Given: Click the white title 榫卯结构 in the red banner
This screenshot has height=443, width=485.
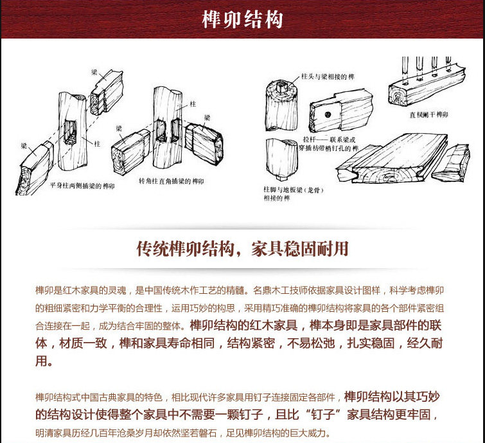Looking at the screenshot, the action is (242, 19).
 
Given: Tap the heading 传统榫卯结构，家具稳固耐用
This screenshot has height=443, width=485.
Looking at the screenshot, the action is (242, 249).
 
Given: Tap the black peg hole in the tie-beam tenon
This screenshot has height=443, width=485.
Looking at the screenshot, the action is (328, 114).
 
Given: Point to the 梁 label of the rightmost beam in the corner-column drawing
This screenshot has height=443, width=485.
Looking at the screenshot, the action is (206, 117).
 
